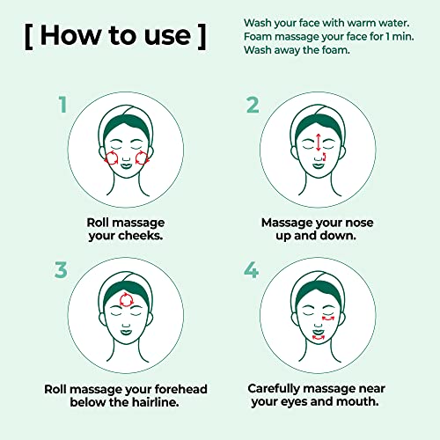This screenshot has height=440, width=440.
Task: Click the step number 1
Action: coord(63,105)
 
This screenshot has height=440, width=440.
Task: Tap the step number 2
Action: coord(253,105)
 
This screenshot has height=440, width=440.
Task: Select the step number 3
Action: coord(61,270)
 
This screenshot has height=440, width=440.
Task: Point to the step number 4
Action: coord(252,269)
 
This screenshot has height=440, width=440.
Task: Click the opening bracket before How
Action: coord(29,37)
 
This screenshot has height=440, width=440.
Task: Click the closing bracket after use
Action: coord(202,37)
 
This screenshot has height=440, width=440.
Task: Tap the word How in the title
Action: coord(70,35)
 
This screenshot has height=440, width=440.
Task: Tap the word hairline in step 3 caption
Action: coord(156,402)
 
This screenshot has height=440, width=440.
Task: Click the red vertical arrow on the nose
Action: coord(319,143)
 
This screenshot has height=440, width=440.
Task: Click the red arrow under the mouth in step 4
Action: coord(318,339)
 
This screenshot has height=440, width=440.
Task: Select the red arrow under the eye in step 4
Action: coord(328,319)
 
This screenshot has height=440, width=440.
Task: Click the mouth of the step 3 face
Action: coord(126,332)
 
